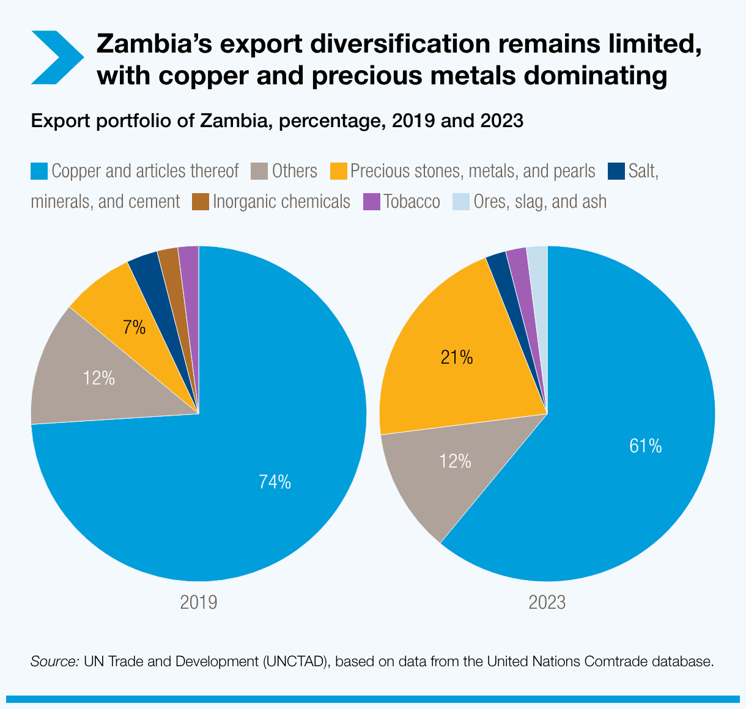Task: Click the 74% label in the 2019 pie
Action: (x=275, y=482)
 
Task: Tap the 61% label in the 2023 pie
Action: (x=645, y=446)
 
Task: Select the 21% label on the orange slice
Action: (x=457, y=357)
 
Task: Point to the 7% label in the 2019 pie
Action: (x=134, y=328)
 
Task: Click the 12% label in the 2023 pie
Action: (x=456, y=461)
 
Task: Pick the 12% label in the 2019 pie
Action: (x=99, y=378)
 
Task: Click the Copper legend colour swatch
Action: (x=39, y=171)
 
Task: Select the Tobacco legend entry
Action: (x=402, y=202)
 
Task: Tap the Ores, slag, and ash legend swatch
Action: (x=460, y=202)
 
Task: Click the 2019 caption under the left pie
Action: (x=199, y=603)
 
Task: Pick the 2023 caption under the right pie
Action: (x=547, y=603)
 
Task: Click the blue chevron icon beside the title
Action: (x=56, y=57)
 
